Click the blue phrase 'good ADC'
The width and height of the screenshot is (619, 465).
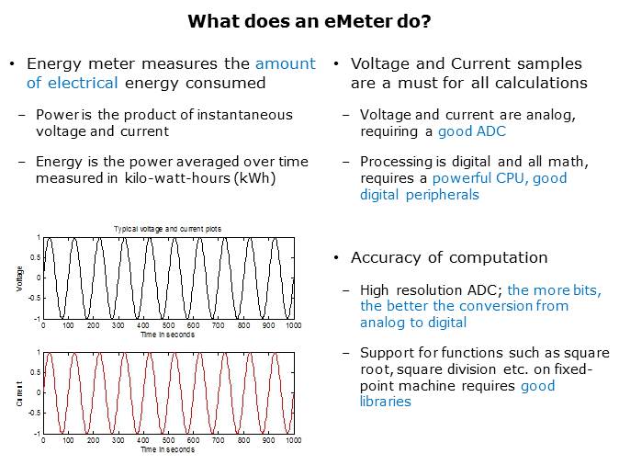[472, 132]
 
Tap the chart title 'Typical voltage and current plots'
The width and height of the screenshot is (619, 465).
[167, 229]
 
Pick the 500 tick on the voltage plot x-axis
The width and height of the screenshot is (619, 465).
[168, 326]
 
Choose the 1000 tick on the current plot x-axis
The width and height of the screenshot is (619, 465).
[293, 440]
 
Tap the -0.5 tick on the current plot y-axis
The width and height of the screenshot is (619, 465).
[33, 413]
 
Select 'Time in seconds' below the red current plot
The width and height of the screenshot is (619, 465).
[168, 449]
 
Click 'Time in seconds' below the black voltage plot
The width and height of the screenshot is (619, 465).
[168, 335]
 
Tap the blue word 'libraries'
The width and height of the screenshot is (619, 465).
[386, 402]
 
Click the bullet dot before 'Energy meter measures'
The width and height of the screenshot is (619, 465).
[12, 64]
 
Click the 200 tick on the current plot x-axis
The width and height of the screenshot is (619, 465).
[93, 440]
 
